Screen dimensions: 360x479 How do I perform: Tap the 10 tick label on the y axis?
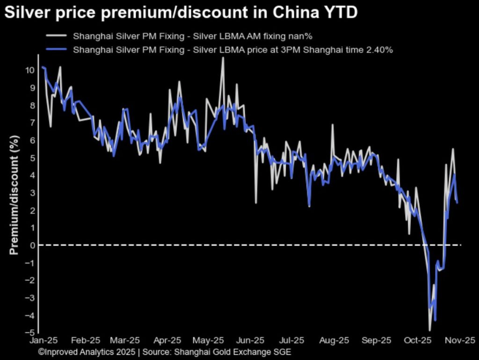(x=30, y=70)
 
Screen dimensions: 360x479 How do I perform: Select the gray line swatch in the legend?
(x=56, y=36)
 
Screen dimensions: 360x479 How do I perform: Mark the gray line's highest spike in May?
(x=223, y=58)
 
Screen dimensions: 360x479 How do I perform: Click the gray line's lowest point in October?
(x=430, y=331)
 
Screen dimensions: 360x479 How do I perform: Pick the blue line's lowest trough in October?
(x=435, y=321)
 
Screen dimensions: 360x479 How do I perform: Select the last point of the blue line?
(x=457, y=203)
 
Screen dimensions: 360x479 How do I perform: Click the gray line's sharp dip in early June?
(x=256, y=203)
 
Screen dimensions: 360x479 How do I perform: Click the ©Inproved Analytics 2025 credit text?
(x=87, y=352)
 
